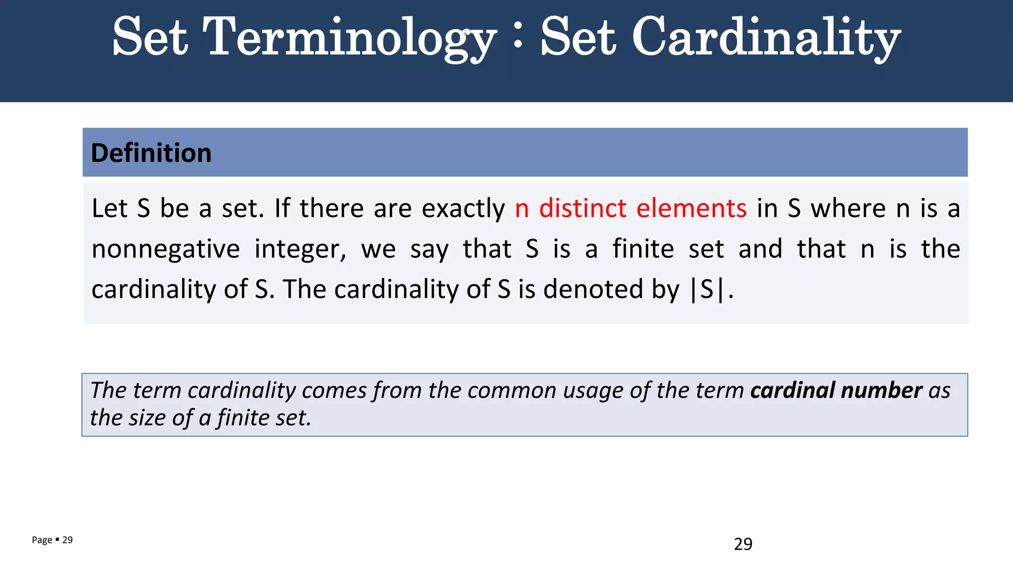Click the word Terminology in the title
pyautogui.click(x=349, y=38)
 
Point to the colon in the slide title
pyautogui.click(x=518, y=38)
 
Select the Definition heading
pyautogui.click(x=151, y=153)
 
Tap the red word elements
pyautogui.click(x=691, y=208)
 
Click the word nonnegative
pyautogui.click(x=166, y=249)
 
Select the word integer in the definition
pyautogui.click(x=300, y=249)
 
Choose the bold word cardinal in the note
pyautogui.click(x=792, y=390)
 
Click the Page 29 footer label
pyautogui.click(x=52, y=540)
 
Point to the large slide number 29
pyautogui.click(x=743, y=544)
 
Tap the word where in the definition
pyautogui.click(x=848, y=208)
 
